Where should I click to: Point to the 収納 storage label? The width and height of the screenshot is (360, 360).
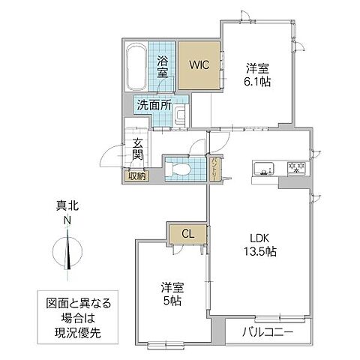(137, 176)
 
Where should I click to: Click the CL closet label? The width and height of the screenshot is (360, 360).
(188, 233)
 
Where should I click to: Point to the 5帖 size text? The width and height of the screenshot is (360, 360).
(172, 301)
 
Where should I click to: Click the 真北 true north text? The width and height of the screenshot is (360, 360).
(67, 205)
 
